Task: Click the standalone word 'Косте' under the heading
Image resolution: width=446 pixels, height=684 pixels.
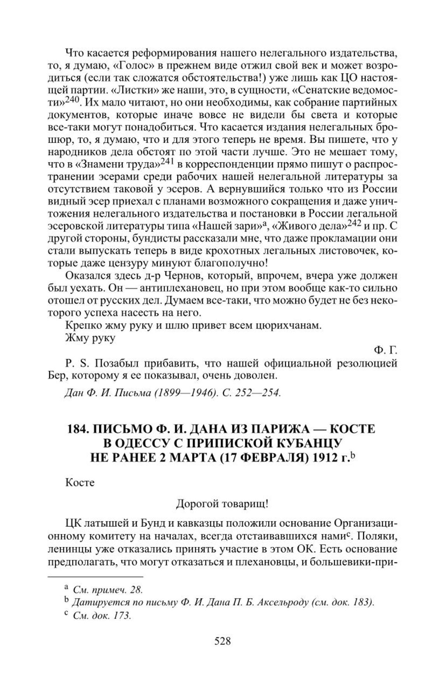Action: pos(80,482)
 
